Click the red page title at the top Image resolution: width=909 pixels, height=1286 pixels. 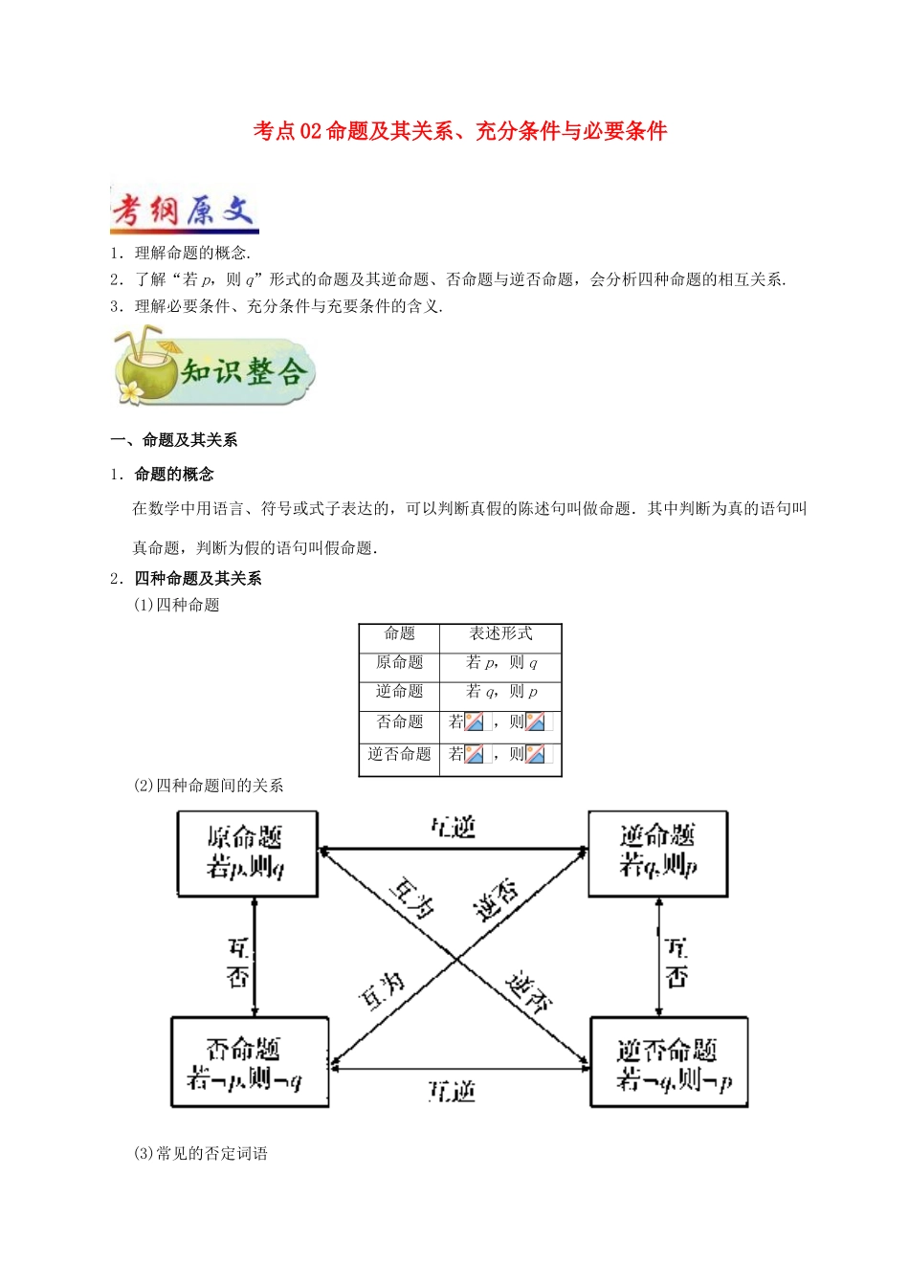click(x=459, y=131)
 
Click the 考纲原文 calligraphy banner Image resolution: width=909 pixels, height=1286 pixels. click(x=185, y=210)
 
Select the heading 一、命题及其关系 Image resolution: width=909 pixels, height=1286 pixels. click(x=174, y=440)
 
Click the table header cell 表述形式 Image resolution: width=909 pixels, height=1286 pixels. click(x=500, y=633)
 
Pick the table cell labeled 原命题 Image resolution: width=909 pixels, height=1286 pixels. click(x=399, y=662)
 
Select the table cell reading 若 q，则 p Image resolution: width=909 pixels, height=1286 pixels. click(x=500, y=692)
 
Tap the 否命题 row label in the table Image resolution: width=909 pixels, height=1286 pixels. click(x=399, y=721)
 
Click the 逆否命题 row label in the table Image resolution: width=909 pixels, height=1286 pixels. click(x=399, y=754)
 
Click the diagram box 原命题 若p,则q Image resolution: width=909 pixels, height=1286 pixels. click(x=247, y=854)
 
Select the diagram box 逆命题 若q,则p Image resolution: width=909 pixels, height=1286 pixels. click(x=657, y=854)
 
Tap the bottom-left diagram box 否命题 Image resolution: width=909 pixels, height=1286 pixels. click(x=249, y=1062)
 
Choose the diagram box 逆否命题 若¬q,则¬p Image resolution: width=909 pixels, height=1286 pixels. click(x=669, y=1062)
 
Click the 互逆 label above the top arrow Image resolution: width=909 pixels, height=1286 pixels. click(x=453, y=828)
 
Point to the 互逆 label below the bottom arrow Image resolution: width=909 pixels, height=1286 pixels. click(x=452, y=1091)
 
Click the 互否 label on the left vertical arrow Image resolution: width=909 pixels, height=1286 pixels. click(x=237, y=963)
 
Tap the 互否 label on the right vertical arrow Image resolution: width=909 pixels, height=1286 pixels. click(x=676, y=963)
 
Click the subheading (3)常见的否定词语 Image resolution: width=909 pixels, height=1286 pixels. click(x=201, y=1154)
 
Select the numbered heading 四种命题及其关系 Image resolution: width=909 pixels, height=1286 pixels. click(x=197, y=578)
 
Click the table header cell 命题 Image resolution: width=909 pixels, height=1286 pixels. click(x=399, y=633)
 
